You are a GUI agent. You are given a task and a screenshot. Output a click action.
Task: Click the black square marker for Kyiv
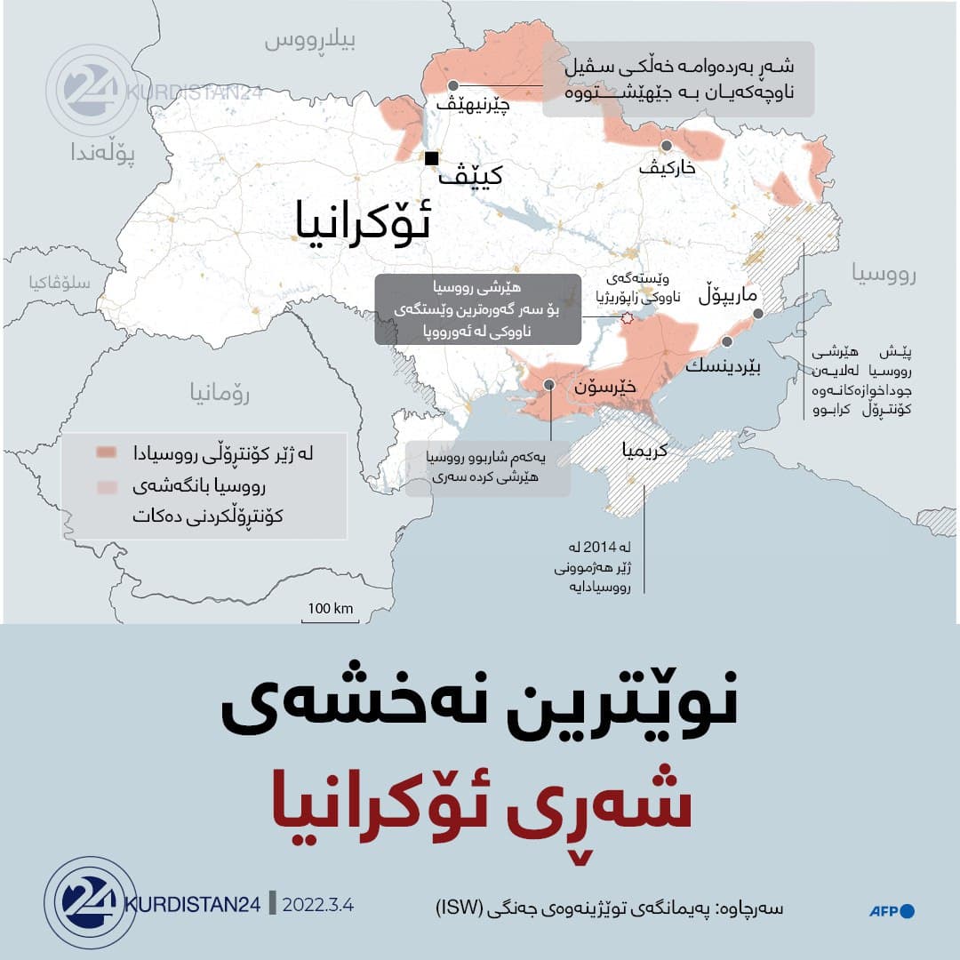tap(432, 159)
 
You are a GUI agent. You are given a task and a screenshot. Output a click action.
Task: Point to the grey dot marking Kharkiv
tap(666, 146)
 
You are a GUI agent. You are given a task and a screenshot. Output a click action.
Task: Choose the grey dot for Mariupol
tap(758, 314)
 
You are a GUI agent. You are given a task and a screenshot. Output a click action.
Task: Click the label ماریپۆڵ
tap(730, 295)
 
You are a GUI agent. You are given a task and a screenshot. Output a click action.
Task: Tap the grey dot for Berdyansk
tap(727, 341)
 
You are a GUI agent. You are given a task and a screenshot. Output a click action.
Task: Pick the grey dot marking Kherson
tap(550, 384)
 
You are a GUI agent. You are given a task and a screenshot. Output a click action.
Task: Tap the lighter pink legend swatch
tap(108, 487)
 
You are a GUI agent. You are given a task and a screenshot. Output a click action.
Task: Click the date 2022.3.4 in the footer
tap(318, 906)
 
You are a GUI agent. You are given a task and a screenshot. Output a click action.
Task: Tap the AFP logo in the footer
tap(892, 910)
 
